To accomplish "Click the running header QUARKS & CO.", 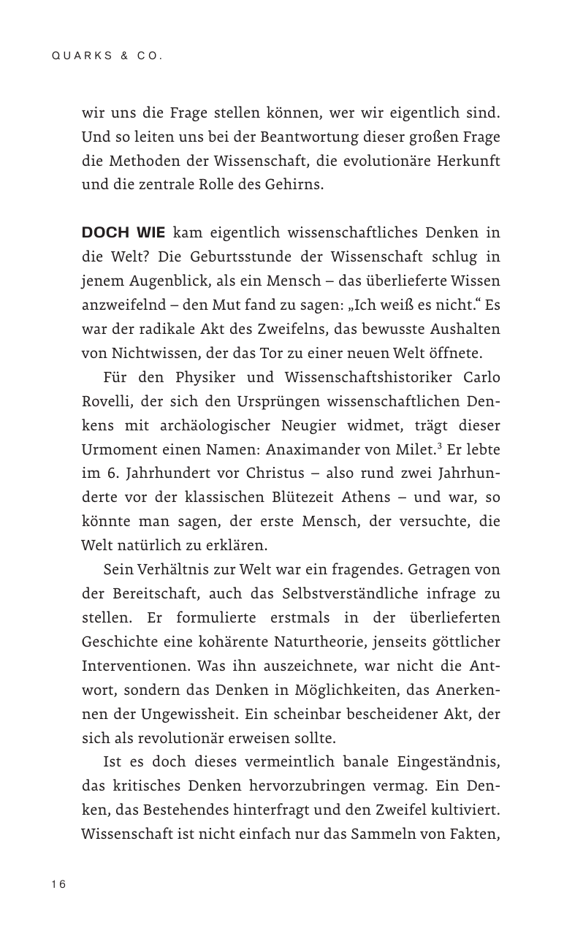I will (x=107, y=56).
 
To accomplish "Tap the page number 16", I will (x=58, y=884).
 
